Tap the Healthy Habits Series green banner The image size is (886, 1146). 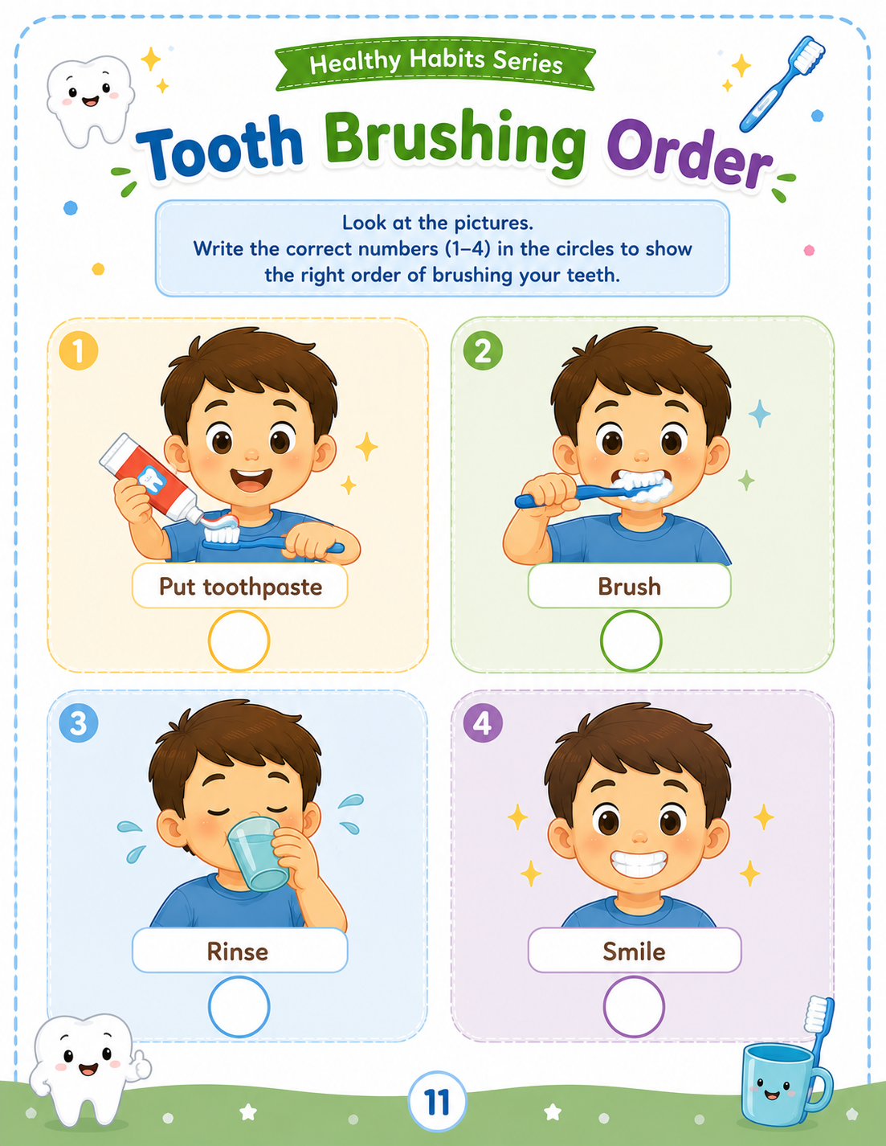(435, 63)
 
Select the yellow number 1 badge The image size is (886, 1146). (79, 350)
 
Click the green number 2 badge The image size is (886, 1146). (483, 350)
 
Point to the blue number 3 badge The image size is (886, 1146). (79, 723)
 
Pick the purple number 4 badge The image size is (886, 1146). (483, 723)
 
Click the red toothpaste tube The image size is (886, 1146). (150, 478)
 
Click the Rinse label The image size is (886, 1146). (239, 951)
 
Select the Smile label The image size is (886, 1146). (635, 951)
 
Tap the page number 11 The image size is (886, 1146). (436, 1102)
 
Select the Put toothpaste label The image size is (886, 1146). (240, 586)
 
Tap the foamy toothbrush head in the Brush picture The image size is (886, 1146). (643, 486)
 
